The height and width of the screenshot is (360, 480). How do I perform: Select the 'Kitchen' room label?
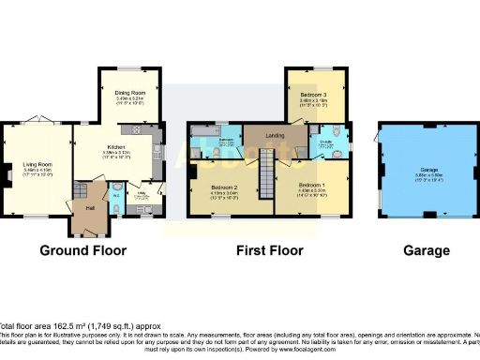pos(115,147)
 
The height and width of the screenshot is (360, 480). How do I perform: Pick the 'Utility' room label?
pos(142,196)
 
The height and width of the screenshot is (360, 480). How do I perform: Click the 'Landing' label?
pos(275,137)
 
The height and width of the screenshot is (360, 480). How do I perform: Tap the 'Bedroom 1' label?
pos(310,187)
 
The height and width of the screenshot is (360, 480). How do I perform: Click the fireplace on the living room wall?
pos(6,172)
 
